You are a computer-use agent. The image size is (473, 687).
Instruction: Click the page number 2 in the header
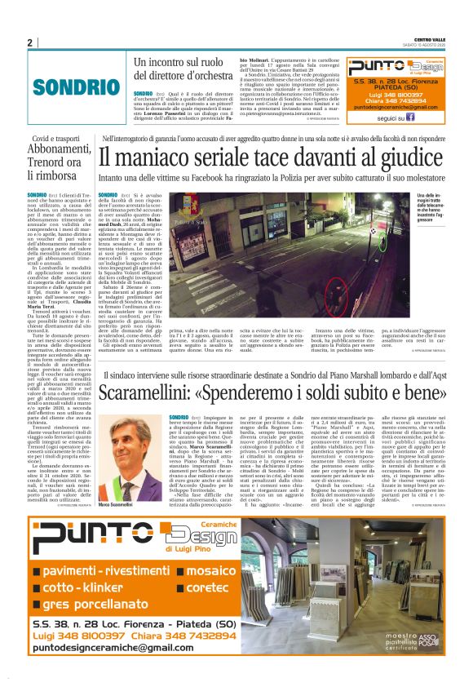[x=30, y=42]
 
